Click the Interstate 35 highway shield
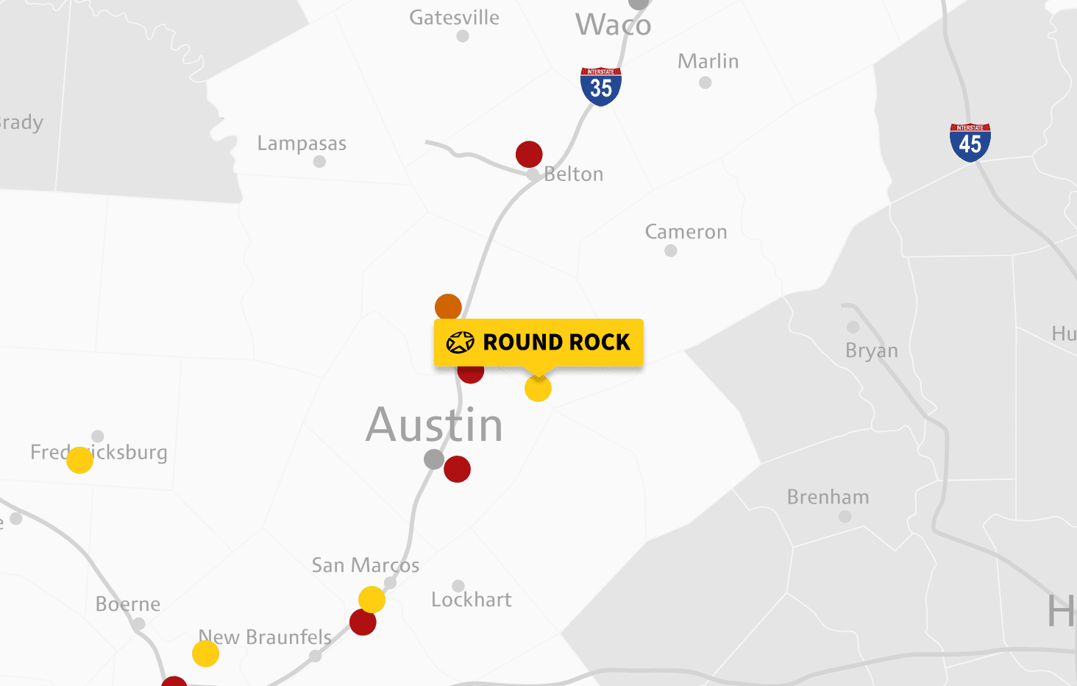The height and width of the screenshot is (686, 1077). coord(601,87)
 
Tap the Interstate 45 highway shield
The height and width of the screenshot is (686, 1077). coord(970,143)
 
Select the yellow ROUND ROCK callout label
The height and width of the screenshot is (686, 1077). coord(538,342)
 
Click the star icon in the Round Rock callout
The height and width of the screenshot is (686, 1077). coord(461,342)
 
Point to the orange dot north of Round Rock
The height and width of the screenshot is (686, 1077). coord(448,307)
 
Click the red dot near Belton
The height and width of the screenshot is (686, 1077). coord(529,155)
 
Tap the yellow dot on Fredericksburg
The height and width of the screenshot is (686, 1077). coord(79,460)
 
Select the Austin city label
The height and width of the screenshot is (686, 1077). coord(434,425)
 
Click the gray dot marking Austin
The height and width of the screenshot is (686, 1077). coord(434,459)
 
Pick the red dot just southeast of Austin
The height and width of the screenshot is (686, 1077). coord(457,469)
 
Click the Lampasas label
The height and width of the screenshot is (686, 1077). coord(302,144)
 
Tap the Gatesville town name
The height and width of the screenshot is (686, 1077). coord(454,18)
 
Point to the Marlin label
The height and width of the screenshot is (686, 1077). coord(708,61)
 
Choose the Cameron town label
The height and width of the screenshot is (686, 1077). coord(686,232)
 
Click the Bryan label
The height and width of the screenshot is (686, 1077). coord(872,350)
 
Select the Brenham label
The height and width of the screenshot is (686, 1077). coord(828,498)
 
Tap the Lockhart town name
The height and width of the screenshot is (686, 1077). coord(471,600)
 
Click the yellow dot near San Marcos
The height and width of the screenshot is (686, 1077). coord(372,600)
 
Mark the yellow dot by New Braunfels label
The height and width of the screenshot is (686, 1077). coord(205,654)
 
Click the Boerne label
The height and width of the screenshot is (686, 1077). coord(128,604)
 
